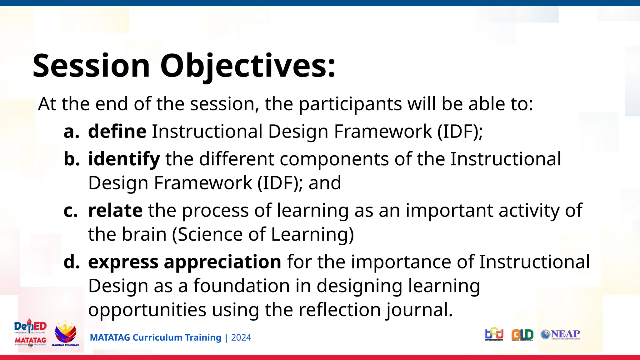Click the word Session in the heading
(x=91, y=66)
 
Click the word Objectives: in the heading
(x=248, y=66)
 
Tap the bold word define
(x=117, y=131)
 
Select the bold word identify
(x=124, y=159)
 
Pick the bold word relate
(x=115, y=210)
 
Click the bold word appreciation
(x=222, y=262)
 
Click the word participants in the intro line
(x=350, y=104)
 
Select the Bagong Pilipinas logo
(x=65, y=334)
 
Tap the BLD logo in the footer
(x=522, y=335)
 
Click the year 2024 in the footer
(x=241, y=338)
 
